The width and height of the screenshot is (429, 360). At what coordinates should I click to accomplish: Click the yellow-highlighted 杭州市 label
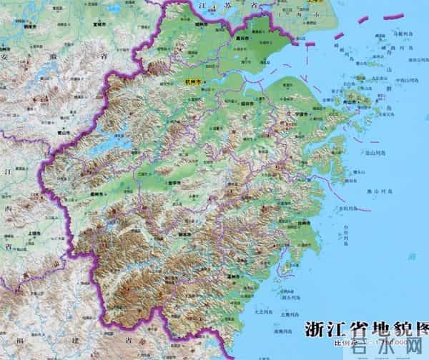tap(192, 84)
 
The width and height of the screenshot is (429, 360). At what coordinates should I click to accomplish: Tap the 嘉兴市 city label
tap(247, 42)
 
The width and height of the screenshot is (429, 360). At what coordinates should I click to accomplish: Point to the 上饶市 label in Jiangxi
tap(33, 233)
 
